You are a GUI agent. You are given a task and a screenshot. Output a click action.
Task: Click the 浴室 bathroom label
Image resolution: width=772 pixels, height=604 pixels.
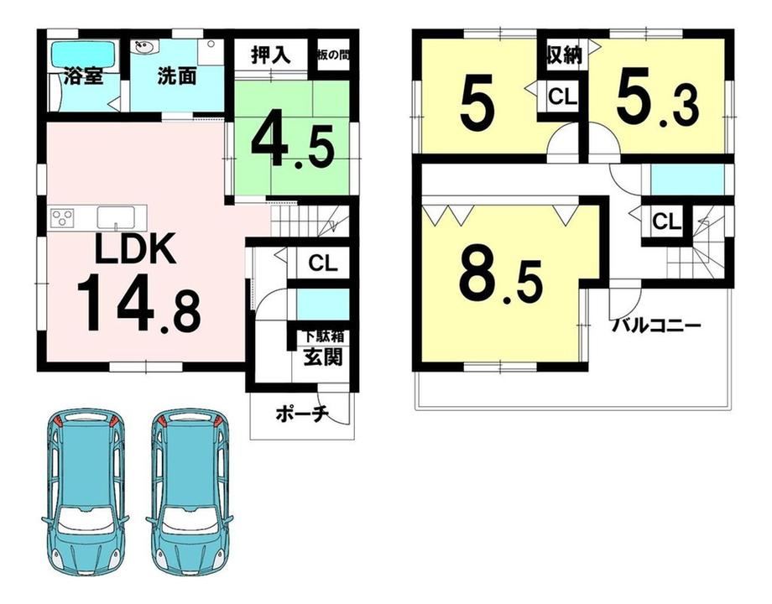tap(83, 77)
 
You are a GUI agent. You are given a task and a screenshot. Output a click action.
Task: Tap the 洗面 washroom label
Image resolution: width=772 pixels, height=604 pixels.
tap(177, 77)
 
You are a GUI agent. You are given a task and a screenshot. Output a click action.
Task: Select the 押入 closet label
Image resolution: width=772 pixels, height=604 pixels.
tap(271, 55)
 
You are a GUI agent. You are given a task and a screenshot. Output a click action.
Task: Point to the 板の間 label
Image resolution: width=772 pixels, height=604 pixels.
tap(333, 55)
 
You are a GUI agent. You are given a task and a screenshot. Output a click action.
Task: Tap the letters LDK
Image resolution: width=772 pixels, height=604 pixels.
tap(135, 249)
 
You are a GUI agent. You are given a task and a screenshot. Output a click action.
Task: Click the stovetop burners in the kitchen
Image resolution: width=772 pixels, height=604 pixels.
tap(63, 217)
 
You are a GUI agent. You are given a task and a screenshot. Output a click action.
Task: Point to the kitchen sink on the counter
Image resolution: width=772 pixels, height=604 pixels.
tap(116, 217)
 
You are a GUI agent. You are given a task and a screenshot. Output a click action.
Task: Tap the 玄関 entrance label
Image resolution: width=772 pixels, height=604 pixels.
tap(322, 357)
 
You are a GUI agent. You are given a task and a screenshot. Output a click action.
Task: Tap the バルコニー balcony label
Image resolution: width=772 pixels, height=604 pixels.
tap(656, 325)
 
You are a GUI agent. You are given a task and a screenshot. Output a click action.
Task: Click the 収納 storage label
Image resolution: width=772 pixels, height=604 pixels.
tap(564, 55)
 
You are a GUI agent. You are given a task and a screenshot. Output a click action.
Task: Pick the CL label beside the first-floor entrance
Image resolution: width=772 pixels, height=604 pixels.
tap(323, 263)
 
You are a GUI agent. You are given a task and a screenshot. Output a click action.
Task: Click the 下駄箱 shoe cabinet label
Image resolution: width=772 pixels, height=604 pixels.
tap(323, 336)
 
